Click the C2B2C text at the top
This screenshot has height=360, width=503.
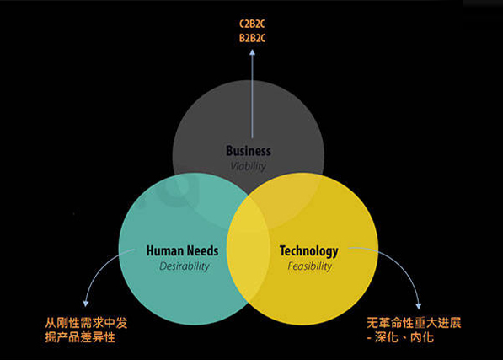coord(252,24)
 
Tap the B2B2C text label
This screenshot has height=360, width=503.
coord(252,38)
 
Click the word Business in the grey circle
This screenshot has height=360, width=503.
coord(249,151)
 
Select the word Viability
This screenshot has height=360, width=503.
coord(249,166)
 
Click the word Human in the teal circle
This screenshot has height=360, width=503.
coord(165,250)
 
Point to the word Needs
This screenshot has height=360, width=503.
coord(202,250)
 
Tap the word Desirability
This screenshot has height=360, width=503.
coord(185,266)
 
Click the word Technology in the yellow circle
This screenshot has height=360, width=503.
coord(309,251)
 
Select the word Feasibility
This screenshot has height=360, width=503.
coord(309,266)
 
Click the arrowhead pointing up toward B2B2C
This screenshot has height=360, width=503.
coord(252,52)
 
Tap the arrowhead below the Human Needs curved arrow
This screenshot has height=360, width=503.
coord(86,304)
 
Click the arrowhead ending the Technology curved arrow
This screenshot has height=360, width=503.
coord(418,306)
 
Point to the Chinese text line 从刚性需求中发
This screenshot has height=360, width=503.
coord(86,323)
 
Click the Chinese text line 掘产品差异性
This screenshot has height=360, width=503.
coord(80,337)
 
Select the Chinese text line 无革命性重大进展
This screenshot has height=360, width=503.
coord(414,323)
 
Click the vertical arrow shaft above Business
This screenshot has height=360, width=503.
coord(252,96)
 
